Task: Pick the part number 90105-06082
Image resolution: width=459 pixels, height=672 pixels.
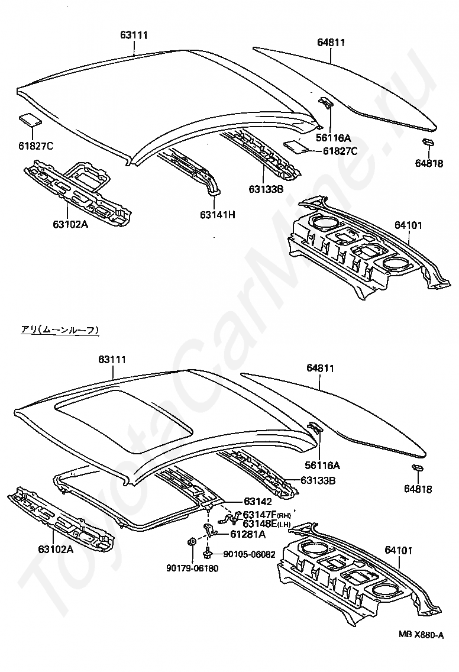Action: pyautogui.click(x=250, y=554)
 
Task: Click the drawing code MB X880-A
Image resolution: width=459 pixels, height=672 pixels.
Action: pyautogui.click(x=421, y=635)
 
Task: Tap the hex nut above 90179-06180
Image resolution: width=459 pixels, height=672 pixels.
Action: pyautogui.click(x=192, y=541)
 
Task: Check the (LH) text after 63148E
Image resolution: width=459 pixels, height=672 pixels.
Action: pyautogui.click(x=285, y=524)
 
